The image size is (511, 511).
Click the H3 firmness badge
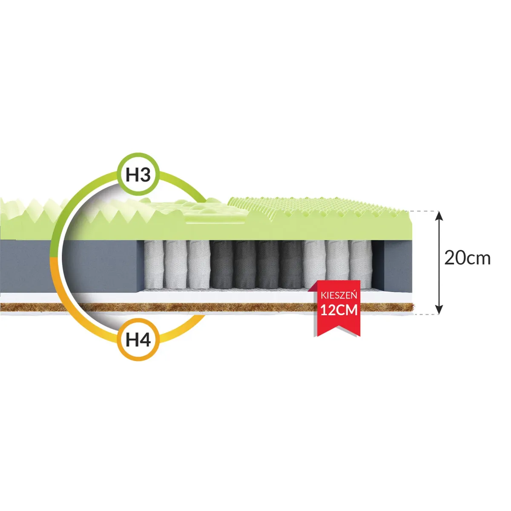click(x=138, y=175)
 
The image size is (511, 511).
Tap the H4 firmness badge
click(x=138, y=339)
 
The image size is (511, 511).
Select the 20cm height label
click(x=467, y=258)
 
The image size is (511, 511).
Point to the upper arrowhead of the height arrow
click(x=439, y=215)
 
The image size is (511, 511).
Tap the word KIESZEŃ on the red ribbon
click(x=339, y=295)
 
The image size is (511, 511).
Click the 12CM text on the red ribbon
click(x=339, y=310)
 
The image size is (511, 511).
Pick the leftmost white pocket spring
click(x=153, y=264)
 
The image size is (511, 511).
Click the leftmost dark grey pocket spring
click(x=221, y=264)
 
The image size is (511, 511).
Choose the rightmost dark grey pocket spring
click(x=291, y=264)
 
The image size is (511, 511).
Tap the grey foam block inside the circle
click(x=102, y=266)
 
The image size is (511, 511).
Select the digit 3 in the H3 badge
click(x=145, y=175)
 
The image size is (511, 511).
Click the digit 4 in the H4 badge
click(x=145, y=340)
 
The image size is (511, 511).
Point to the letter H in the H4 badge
click(x=132, y=340)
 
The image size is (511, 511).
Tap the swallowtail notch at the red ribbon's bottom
click(x=337, y=327)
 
